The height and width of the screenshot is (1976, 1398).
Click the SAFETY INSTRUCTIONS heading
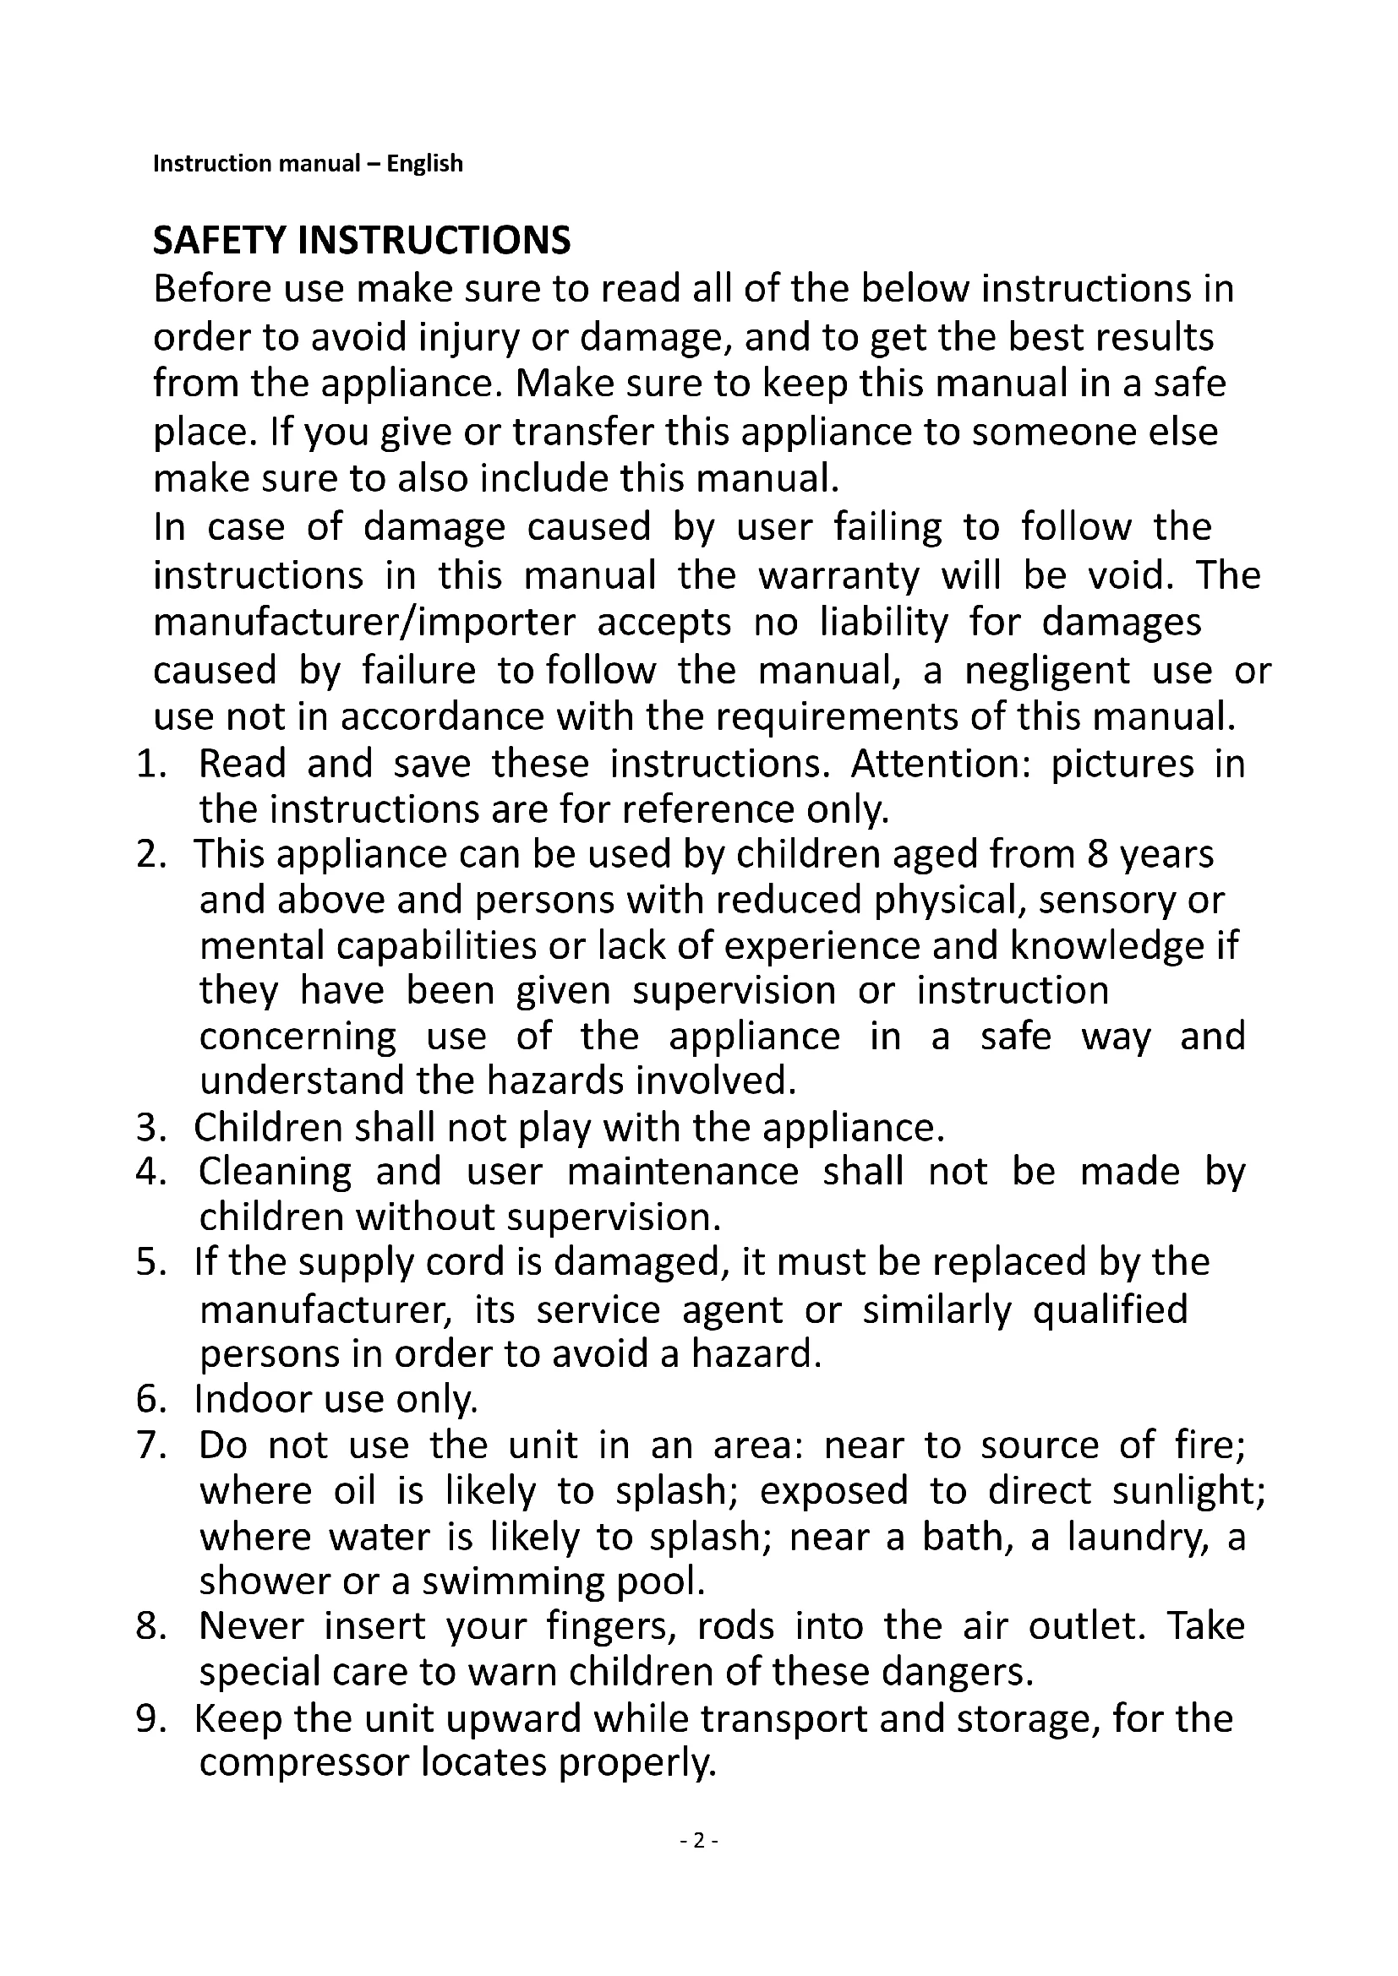[362, 241]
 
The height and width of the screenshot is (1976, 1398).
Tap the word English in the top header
[424, 164]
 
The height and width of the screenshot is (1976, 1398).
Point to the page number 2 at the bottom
[699, 1841]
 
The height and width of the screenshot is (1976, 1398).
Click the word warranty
[838, 575]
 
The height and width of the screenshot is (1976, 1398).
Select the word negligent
[1046, 671]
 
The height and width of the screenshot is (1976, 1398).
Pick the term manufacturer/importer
[364, 623]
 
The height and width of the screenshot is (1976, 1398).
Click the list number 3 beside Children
[150, 1129]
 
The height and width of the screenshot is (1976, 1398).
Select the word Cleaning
[275, 1173]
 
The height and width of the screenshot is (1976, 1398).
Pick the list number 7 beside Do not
[150, 1445]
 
